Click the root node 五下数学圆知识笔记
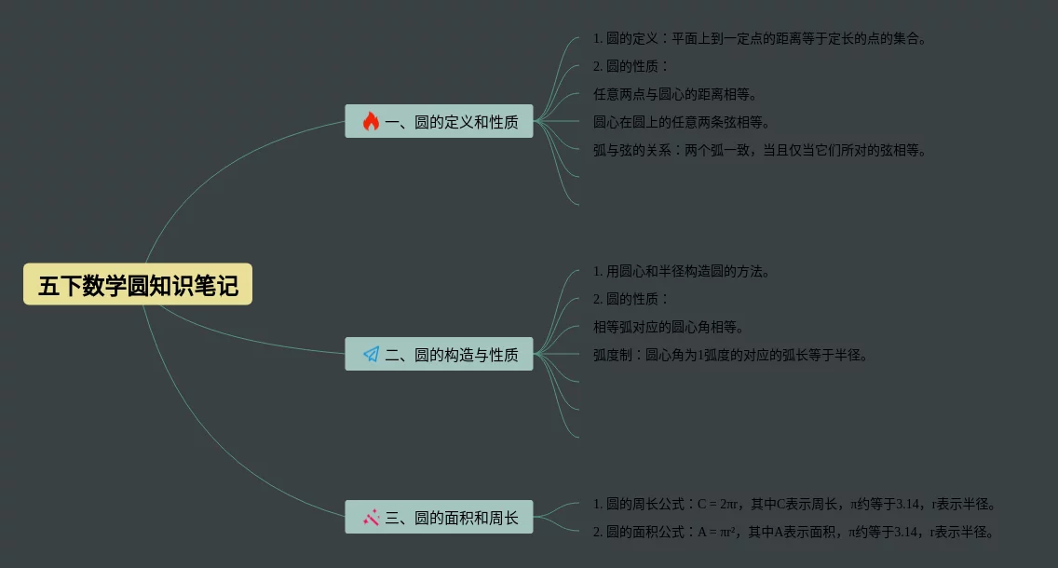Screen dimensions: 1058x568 click(138, 284)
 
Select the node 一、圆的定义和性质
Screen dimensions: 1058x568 click(439, 121)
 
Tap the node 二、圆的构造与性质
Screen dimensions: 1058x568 click(439, 354)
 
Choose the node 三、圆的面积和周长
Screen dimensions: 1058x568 click(439, 518)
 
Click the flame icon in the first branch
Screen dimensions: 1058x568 click(371, 121)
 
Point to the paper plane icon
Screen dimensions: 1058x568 click(371, 354)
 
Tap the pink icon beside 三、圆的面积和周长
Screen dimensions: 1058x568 click(371, 518)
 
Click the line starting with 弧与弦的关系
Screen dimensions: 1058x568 click(760, 150)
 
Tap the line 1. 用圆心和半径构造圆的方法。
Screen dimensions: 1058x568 click(682, 271)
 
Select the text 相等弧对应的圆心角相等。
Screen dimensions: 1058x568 click(669, 327)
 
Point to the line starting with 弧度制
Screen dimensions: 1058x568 click(730, 355)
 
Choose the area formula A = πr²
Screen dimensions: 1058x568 click(716, 533)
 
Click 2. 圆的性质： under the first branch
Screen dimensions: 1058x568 click(631, 66)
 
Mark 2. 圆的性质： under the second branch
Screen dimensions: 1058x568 click(631, 299)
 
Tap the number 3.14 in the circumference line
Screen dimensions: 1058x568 click(908, 505)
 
